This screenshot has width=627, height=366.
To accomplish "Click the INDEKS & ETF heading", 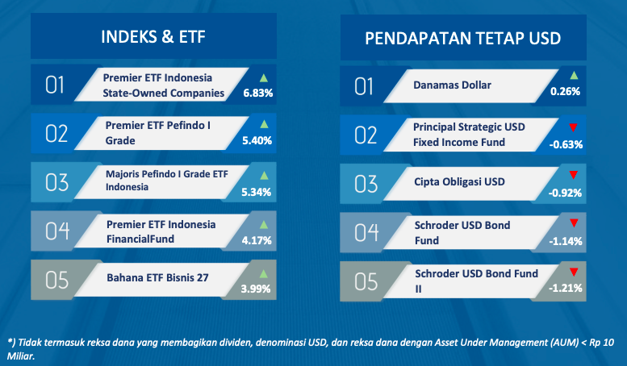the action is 153,37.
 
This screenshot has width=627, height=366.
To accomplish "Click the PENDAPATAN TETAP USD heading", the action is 462,39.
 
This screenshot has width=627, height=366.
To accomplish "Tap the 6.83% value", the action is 258,93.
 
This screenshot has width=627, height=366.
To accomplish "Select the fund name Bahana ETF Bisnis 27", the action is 157,277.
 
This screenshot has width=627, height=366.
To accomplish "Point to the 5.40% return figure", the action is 257,140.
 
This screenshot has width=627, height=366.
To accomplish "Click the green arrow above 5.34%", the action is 264,175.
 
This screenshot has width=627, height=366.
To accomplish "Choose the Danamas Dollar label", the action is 452,85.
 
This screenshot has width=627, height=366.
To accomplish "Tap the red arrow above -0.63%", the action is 573,127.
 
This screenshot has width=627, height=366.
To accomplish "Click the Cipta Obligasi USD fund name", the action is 459,182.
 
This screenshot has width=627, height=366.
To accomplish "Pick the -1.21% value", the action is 566,288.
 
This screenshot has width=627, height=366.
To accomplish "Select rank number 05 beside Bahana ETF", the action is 56,280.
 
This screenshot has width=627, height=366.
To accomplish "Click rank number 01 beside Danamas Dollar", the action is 364,87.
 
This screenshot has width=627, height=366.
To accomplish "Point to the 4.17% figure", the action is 257,240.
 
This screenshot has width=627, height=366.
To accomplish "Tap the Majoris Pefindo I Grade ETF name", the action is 167,181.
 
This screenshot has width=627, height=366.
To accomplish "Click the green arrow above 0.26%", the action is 574,75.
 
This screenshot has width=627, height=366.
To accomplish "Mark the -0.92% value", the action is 565,193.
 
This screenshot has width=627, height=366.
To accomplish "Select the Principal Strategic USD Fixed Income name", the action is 469,135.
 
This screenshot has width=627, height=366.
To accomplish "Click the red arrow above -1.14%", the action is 574,223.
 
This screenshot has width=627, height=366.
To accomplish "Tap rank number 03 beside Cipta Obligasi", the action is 366,184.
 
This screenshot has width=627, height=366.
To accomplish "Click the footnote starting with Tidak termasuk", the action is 311,349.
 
